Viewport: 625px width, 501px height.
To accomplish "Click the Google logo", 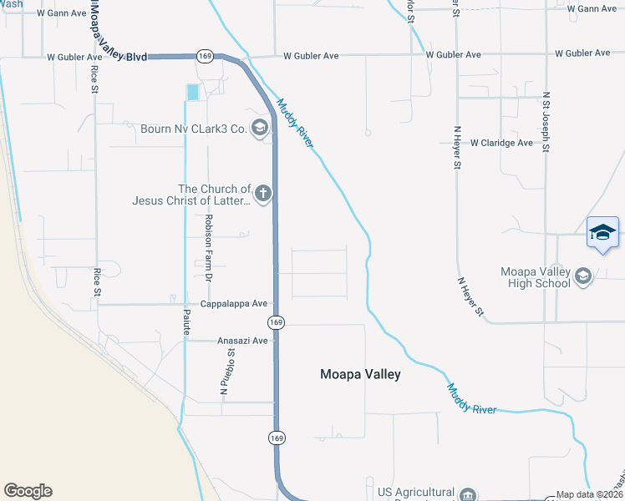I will pos(28,491).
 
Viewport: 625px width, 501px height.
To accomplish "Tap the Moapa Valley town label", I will pos(360,375).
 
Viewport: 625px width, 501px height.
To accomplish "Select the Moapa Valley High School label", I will pos(535,277).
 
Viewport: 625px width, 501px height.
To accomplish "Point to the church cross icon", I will pos(263,195).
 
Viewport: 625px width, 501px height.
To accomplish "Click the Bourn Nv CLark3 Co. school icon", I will pos(260,128).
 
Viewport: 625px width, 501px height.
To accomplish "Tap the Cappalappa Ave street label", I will pos(233,304).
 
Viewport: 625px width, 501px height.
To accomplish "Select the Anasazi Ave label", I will pos(242,341).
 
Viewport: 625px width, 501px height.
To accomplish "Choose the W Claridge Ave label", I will pos(501,143).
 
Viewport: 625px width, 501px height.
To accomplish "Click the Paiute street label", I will pos(187,322).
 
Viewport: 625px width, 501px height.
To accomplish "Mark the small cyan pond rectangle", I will pos(194,93).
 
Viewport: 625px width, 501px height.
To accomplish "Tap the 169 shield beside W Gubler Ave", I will pos(205,55).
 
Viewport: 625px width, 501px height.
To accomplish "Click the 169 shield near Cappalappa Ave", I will pos(277,322).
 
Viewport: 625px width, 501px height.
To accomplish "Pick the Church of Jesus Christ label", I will pos(191,195).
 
